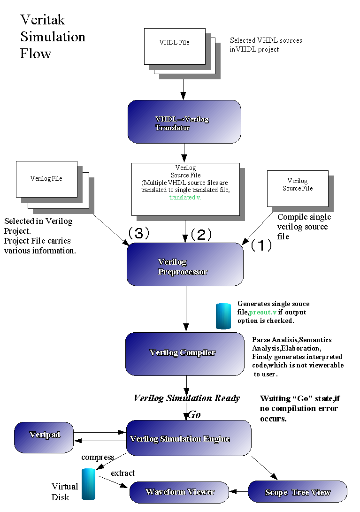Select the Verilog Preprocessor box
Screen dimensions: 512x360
185,264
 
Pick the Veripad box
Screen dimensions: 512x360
44,436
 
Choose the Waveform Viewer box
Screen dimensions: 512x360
179,492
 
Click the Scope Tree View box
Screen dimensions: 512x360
297,492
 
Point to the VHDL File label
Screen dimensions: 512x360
174,42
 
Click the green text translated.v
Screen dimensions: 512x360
185,198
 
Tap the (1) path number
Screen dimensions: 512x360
261,245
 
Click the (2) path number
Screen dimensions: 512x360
201,234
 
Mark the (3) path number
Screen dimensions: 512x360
138,233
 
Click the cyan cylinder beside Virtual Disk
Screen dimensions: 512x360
88,484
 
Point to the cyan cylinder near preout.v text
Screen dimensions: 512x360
223,316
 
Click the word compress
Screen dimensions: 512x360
98,457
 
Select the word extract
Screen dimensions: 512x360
123,473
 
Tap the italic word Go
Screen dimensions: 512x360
194,415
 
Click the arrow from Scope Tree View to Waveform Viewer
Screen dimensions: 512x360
238,492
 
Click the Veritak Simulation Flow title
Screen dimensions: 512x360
53,37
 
